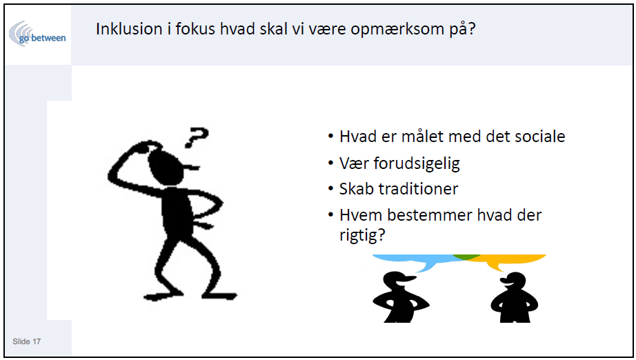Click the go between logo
click(x=37, y=34)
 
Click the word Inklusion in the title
click(x=129, y=29)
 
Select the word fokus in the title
click(x=195, y=29)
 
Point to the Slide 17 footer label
click(x=27, y=341)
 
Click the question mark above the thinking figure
click(x=197, y=137)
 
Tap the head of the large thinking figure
click(x=167, y=166)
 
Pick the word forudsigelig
click(x=417, y=163)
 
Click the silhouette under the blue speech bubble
click(x=399, y=298)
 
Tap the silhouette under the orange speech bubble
click(x=515, y=298)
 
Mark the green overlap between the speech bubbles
click(x=466, y=257)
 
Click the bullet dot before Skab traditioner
click(x=330, y=189)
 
